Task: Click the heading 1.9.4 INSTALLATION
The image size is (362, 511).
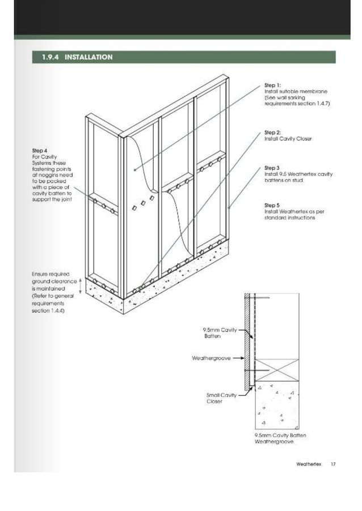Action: [x=77, y=57]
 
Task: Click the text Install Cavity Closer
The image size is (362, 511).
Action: [x=288, y=139]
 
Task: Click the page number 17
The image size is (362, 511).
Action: [x=333, y=464]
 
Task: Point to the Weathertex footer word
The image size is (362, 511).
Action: [x=309, y=464]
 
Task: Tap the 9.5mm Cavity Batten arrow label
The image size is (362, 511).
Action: [x=220, y=333]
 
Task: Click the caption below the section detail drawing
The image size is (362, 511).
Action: [x=280, y=438]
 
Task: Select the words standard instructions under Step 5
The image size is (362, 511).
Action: [x=289, y=218]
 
